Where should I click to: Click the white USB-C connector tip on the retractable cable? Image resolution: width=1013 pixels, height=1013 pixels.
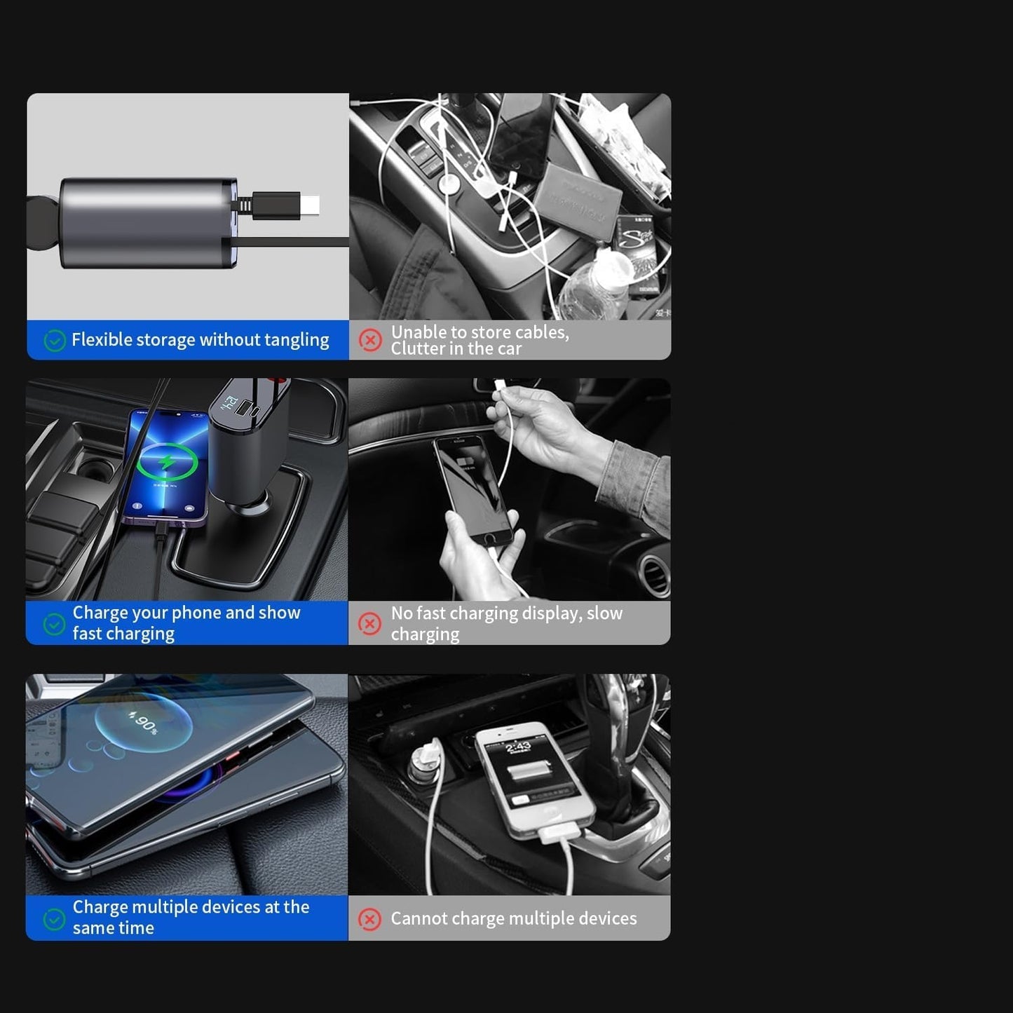tap(311, 205)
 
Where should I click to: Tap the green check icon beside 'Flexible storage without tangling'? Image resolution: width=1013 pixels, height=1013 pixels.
tap(55, 341)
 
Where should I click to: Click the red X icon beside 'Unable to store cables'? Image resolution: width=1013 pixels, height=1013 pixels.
tap(370, 340)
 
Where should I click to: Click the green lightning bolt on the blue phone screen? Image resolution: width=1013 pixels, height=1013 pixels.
tap(167, 462)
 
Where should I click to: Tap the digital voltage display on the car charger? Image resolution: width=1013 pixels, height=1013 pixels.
tap(230, 404)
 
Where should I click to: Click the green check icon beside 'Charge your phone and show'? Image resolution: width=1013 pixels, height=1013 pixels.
tap(54, 625)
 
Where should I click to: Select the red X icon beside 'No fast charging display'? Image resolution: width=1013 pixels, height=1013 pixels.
tap(369, 624)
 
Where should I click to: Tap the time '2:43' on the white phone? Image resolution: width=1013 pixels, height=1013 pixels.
tap(518, 747)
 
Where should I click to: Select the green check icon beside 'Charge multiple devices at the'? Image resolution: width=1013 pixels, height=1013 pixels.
tap(54, 920)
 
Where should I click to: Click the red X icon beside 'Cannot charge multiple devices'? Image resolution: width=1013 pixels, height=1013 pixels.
tap(369, 920)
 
